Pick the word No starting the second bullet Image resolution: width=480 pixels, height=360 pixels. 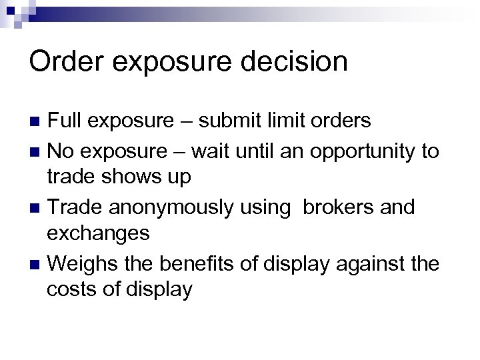[x=61, y=151]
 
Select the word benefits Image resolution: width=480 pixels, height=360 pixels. [x=187, y=263]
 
